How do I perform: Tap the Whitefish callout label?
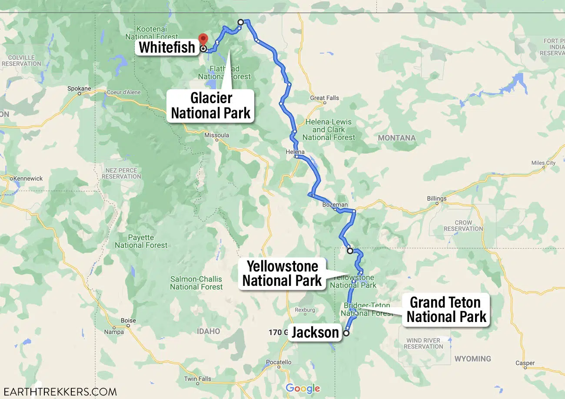click(x=167, y=47)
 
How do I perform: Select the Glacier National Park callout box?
click(x=211, y=105)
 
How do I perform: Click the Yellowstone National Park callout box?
click(x=282, y=274)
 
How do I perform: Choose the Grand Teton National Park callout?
click(x=446, y=309)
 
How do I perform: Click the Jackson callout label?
click(x=315, y=332)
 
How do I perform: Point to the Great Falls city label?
click(x=325, y=98)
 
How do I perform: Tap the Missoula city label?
click(x=216, y=135)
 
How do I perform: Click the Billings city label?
click(x=436, y=198)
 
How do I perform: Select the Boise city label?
click(x=128, y=321)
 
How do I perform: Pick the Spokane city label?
click(x=79, y=88)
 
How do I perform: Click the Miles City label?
click(x=543, y=163)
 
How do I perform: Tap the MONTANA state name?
click(x=396, y=138)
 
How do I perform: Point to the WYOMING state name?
click(x=472, y=359)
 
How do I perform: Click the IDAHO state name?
click(x=208, y=331)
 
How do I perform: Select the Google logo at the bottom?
click(x=302, y=388)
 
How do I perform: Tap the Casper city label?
click(x=525, y=363)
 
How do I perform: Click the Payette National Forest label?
click(x=141, y=241)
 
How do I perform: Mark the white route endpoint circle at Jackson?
click(x=346, y=333)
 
